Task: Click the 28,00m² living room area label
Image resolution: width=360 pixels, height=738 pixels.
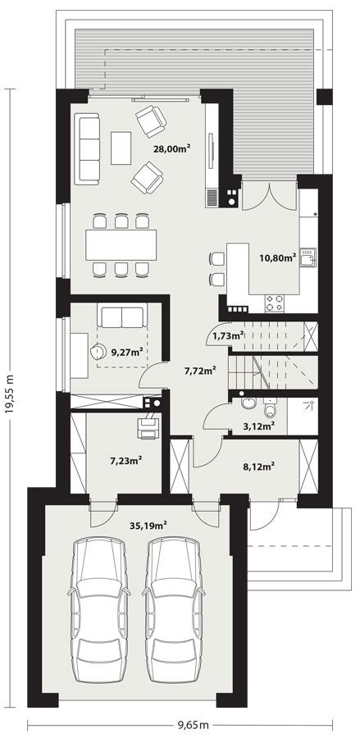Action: tap(172, 148)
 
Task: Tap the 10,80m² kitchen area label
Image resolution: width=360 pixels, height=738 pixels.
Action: tap(277, 257)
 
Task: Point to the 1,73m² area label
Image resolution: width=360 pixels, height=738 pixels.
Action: tap(226, 335)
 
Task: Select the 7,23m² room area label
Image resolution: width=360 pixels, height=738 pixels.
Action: tap(125, 460)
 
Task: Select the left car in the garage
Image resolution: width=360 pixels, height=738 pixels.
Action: tap(100, 608)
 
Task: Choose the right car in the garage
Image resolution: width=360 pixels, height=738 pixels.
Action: tap(175, 608)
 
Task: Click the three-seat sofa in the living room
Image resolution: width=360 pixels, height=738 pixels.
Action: tap(87, 148)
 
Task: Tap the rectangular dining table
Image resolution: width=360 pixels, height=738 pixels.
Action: tap(121, 244)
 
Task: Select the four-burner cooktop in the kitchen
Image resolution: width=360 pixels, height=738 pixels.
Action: tap(274, 302)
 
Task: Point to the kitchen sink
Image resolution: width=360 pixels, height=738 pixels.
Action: tap(308, 260)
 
